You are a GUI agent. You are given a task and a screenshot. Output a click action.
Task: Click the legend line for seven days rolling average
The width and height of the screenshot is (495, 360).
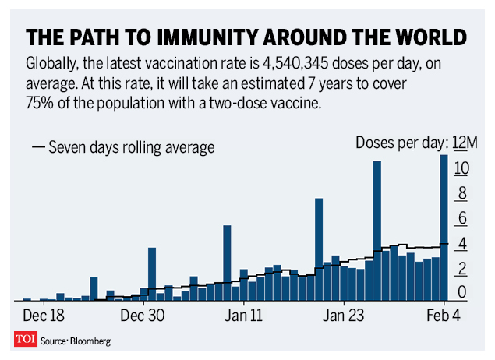[x=38, y=146]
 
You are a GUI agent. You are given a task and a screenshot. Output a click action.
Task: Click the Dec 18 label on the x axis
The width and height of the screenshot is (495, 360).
[x=44, y=316]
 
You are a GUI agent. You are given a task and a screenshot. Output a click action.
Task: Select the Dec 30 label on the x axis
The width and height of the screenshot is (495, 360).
[x=144, y=316]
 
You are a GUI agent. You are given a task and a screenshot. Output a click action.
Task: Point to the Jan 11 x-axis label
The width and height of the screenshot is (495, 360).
[x=243, y=316]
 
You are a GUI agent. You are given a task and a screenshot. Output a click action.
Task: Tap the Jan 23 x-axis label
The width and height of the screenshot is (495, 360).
[x=343, y=316]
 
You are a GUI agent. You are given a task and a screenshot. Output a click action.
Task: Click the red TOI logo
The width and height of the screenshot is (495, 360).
[x=26, y=340]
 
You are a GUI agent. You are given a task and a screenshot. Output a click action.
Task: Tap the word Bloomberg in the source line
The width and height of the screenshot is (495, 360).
[x=89, y=341]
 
